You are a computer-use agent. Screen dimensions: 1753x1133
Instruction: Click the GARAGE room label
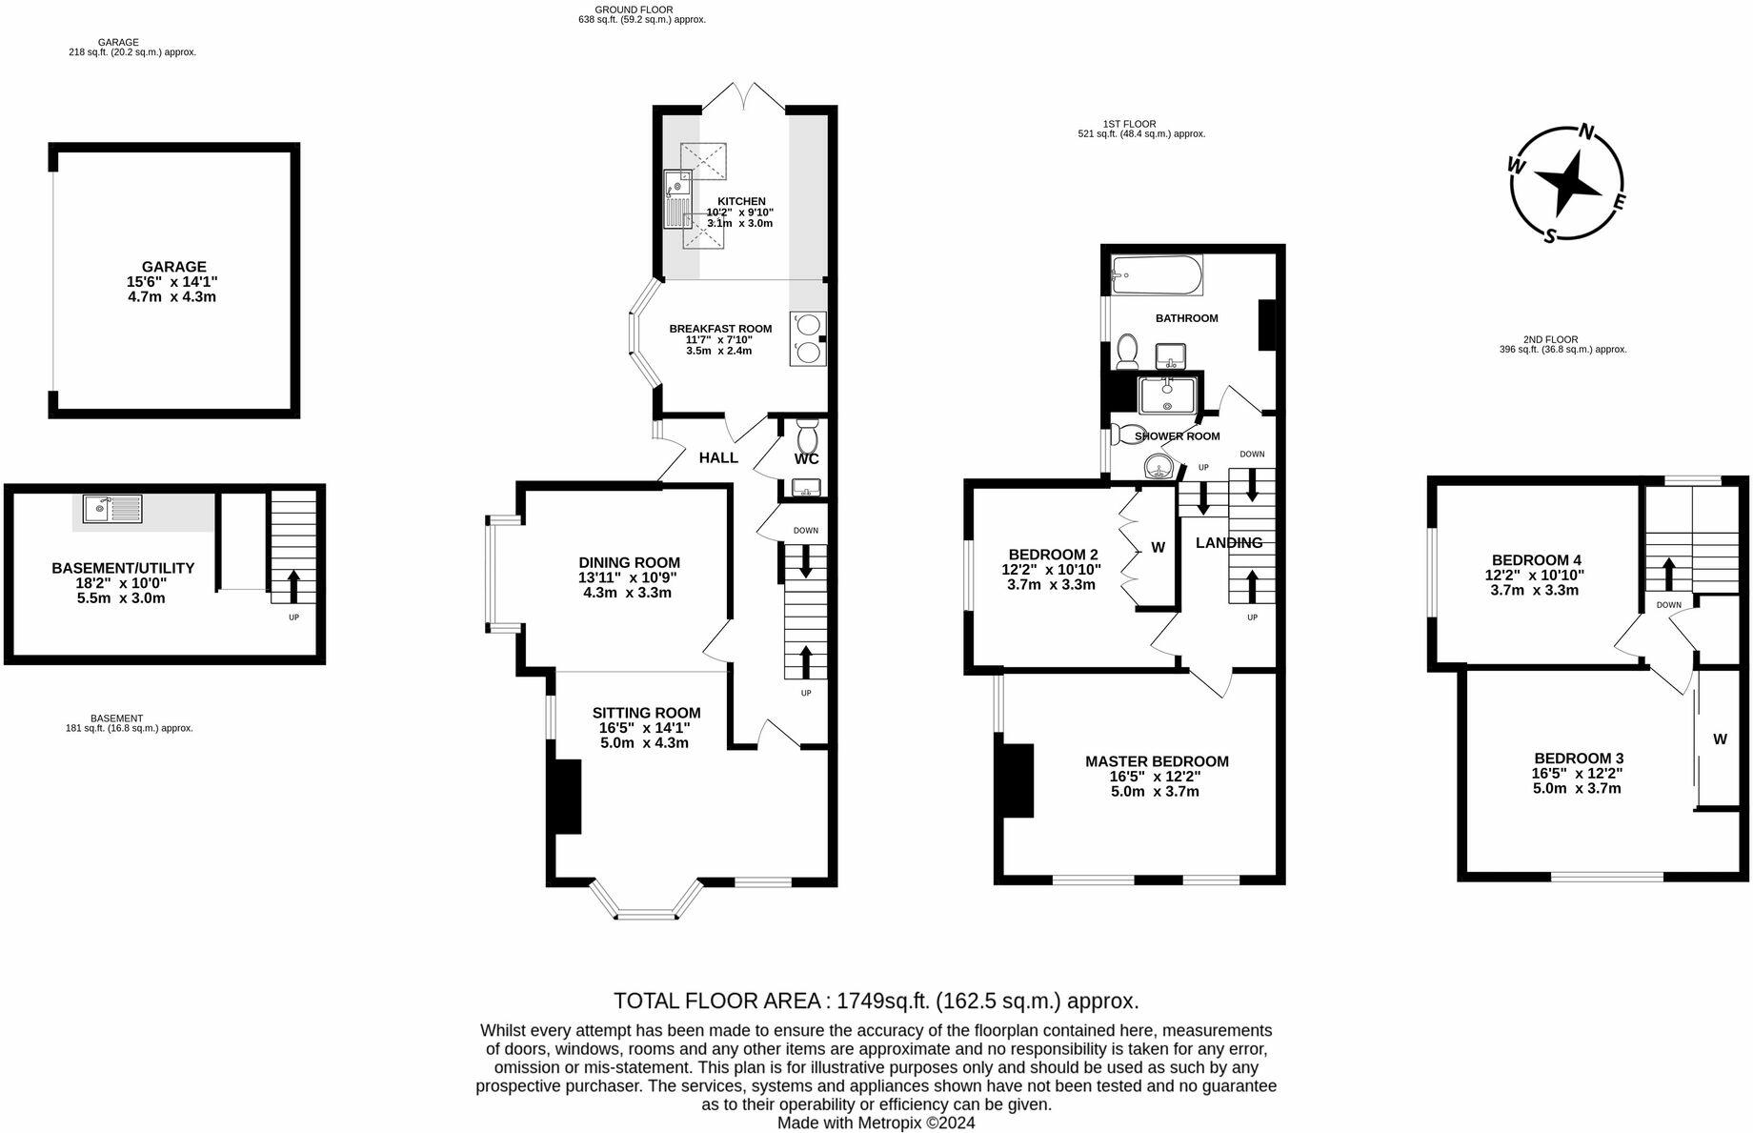click(172, 267)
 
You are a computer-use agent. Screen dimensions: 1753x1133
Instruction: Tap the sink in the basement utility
click(112, 509)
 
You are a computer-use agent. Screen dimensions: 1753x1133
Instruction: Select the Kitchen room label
click(741, 201)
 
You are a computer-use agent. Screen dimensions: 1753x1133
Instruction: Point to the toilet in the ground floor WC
click(807, 436)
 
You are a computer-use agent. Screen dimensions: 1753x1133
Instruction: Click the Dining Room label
click(630, 562)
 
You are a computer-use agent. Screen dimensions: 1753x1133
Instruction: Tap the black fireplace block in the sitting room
click(568, 797)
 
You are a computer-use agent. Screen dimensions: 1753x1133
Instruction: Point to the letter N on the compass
click(1587, 132)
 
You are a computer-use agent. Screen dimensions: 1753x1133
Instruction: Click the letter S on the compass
click(1550, 235)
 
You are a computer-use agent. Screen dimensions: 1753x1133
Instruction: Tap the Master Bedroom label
click(1157, 761)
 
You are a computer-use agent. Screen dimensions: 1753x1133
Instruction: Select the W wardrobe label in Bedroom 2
click(1158, 547)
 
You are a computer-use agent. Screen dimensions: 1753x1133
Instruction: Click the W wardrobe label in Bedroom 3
click(1720, 738)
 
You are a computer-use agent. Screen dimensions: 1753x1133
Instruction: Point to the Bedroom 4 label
click(1537, 560)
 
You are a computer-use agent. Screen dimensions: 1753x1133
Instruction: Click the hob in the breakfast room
click(808, 338)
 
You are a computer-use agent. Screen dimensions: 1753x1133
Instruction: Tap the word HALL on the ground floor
click(718, 457)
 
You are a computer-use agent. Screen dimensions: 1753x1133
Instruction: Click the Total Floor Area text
click(876, 1001)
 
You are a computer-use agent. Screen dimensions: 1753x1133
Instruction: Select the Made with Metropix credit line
click(876, 1123)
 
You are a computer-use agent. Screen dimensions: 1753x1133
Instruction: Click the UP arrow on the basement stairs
click(292, 586)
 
